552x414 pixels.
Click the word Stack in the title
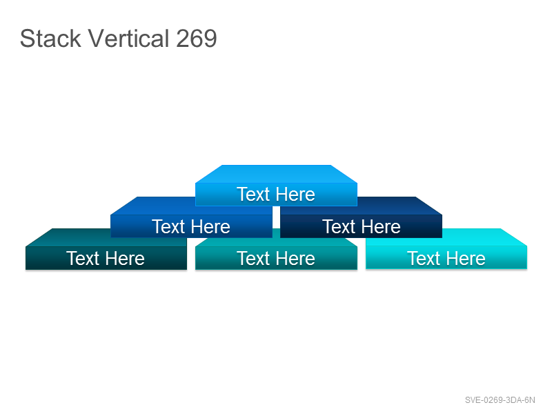(50, 38)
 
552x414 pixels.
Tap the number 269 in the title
(197, 38)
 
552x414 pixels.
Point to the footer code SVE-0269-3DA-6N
(500, 400)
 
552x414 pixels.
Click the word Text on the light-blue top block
(253, 195)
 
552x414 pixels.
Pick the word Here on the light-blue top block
(295, 195)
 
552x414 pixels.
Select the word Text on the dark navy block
(339, 226)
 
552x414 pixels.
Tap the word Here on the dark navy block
(381, 226)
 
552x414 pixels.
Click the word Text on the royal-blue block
(168, 226)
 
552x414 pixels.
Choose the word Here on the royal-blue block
(210, 226)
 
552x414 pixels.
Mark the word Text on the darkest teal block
(83, 258)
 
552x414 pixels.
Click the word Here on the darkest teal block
(125, 258)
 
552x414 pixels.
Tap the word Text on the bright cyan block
(424, 258)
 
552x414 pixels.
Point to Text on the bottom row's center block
(253, 258)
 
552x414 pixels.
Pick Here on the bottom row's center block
(295, 258)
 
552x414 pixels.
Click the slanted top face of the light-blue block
(277, 174)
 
